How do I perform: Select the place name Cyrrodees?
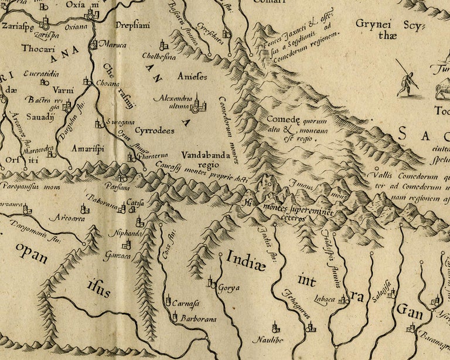click(155, 131)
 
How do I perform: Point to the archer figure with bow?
click(406, 79)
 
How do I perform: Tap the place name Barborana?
click(198, 319)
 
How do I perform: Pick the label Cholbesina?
click(158, 57)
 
